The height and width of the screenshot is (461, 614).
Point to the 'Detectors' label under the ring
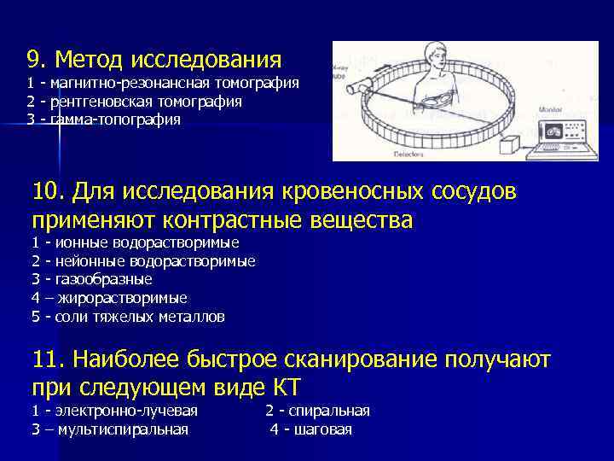(x=409, y=154)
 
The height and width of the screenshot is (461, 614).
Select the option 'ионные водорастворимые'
(x=144, y=243)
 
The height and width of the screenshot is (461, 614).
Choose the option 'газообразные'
(x=101, y=279)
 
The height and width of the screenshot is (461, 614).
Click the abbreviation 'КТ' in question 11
(x=283, y=388)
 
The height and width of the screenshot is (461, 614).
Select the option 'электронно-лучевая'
(x=124, y=411)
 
